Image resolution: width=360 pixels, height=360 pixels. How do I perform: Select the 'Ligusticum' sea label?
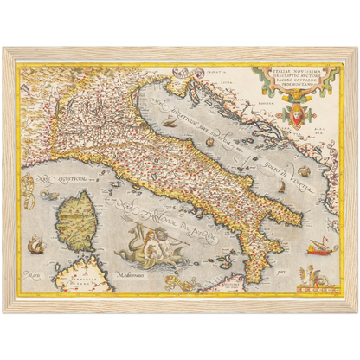point(53,182)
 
